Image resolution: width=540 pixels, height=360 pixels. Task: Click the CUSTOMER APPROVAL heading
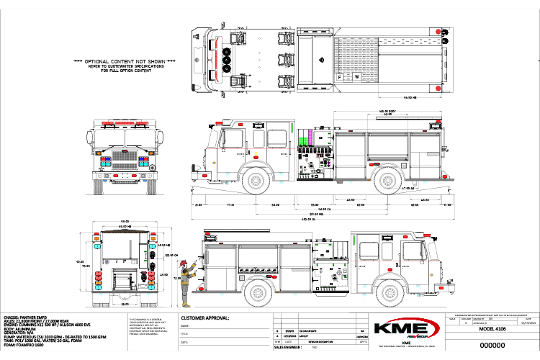tap(205, 318)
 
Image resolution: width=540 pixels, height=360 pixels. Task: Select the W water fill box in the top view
tap(356, 75)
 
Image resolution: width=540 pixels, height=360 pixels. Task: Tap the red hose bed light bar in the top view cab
tap(213, 55)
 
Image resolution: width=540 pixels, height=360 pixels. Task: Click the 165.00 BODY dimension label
tap(374, 109)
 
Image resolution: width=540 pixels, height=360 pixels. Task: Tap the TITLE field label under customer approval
tap(185, 334)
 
